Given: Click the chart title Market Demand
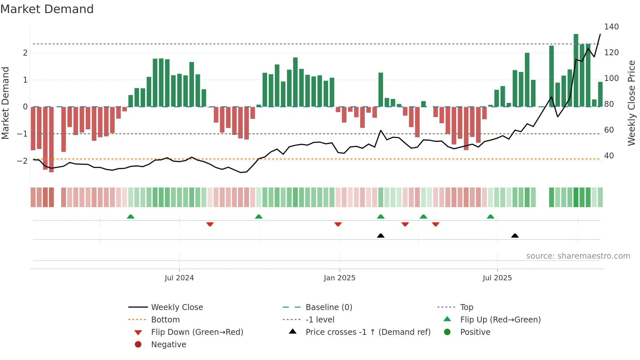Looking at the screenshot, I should (x=47, y=9).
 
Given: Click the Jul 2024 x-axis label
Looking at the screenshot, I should (x=179, y=278).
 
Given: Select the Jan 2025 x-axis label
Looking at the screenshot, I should (x=339, y=278).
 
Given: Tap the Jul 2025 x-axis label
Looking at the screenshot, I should (x=497, y=278).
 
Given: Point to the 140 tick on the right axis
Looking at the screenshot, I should (x=611, y=27).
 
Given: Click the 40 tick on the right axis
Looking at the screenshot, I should (x=609, y=156).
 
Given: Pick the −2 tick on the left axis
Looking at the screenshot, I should (x=22, y=161).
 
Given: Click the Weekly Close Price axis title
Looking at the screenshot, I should (x=632, y=103).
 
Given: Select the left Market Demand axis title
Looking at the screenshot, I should (x=5, y=103).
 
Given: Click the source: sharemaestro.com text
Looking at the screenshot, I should (x=578, y=256).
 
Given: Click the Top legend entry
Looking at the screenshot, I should (x=466, y=307).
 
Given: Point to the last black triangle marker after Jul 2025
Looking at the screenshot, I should (x=515, y=236).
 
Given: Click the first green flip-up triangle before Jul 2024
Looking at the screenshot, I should (x=131, y=217).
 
